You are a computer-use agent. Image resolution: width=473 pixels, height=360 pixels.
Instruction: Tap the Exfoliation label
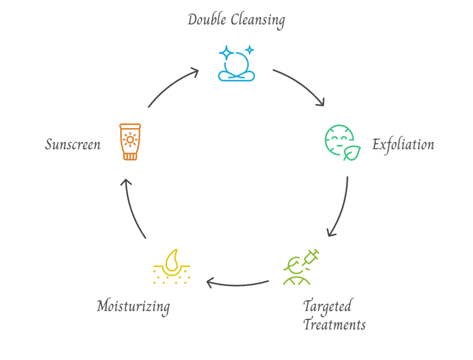click(x=403, y=145)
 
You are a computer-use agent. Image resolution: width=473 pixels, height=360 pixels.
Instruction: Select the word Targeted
click(x=327, y=306)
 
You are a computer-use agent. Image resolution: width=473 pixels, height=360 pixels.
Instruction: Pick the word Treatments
click(x=334, y=325)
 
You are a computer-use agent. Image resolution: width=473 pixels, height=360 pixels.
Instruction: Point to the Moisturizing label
click(x=133, y=306)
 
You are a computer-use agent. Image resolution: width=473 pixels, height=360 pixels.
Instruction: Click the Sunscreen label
click(x=73, y=145)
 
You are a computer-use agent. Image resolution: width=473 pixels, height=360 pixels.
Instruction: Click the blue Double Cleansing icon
click(x=236, y=65)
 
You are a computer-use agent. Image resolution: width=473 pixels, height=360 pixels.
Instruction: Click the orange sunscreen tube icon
click(x=130, y=142)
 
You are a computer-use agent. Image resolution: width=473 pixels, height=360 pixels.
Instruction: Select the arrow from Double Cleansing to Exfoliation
click(x=301, y=86)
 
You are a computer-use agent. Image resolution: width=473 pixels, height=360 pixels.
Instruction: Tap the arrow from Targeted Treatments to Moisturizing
click(x=237, y=284)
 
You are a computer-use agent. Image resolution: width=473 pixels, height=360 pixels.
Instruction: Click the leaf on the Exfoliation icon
click(x=352, y=153)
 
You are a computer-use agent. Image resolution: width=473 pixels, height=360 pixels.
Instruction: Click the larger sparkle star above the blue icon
click(x=227, y=53)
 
